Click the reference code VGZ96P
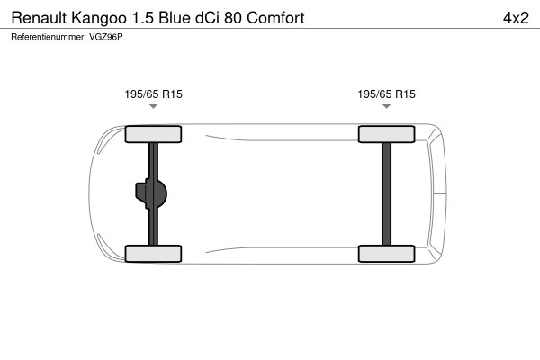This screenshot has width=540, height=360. [x=107, y=37]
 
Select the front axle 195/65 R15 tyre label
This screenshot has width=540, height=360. [x=153, y=94]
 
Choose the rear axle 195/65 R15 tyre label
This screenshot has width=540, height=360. [x=387, y=94]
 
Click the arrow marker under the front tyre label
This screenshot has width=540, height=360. [x=153, y=107]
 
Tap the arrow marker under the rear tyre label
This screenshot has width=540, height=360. [x=387, y=107]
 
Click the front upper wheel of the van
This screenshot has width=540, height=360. [x=153, y=134]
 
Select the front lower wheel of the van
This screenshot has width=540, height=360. [x=153, y=253]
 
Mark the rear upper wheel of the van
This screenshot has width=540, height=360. [x=387, y=134]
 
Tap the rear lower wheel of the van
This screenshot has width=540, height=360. [x=387, y=253]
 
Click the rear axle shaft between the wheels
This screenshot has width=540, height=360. [x=387, y=193]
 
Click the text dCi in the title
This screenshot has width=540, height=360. [x=214, y=17]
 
